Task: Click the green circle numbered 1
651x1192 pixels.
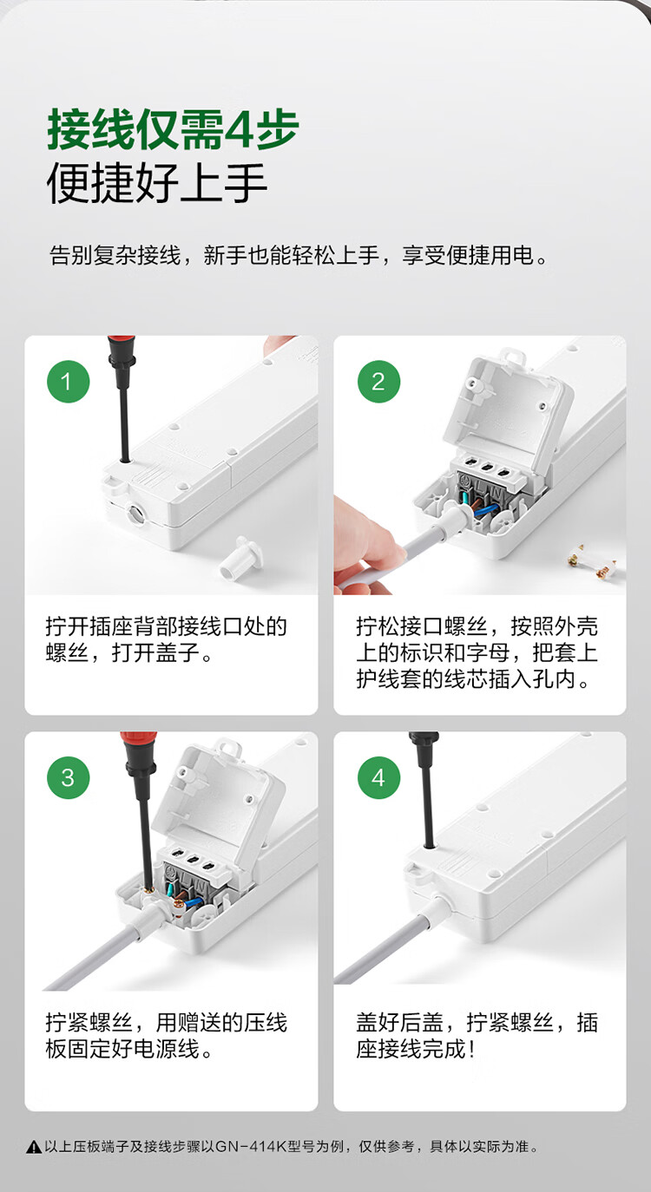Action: point(68,382)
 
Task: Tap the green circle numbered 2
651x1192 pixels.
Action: point(378,382)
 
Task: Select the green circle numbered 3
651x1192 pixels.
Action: point(68,777)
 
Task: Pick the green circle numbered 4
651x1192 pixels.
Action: point(378,777)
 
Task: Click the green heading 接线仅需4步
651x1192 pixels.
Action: point(173,130)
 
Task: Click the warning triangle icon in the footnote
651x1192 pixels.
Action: point(34,1146)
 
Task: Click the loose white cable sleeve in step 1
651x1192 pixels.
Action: point(241,557)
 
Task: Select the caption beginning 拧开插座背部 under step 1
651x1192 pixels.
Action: point(166,639)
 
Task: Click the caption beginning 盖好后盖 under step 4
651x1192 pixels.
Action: point(477,1035)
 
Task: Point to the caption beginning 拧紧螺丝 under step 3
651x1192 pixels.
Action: point(166,1035)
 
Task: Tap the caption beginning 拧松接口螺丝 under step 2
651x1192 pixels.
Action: point(477,652)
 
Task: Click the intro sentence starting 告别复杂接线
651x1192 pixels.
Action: point(299,255)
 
